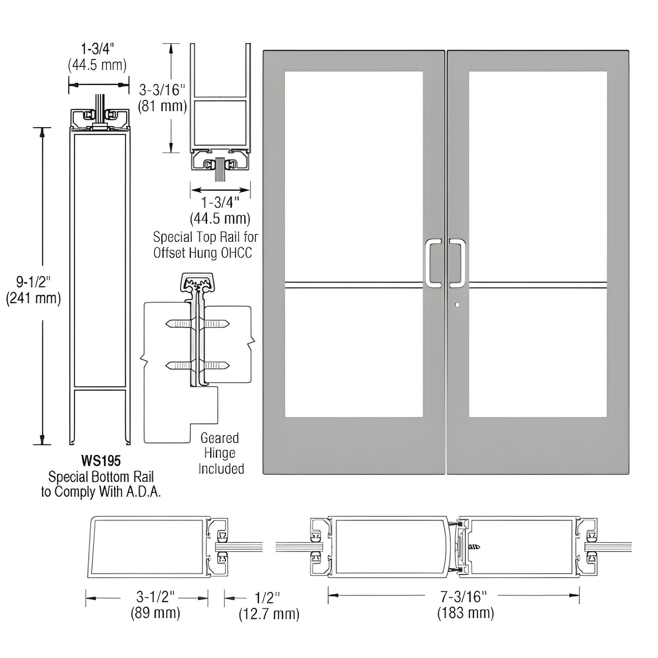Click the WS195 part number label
point(101,461)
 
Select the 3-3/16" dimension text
point(162,90)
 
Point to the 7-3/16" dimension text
point(465,596)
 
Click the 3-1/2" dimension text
point(155,597)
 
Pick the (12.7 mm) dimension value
point(269,614)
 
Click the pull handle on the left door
point(433,264)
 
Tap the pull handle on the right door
point(458,264)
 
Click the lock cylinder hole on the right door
point(457,305)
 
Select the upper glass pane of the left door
point(354,175)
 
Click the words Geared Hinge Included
point(221,453)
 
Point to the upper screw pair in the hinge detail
point(198,324)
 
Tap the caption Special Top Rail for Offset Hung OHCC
point(205,245)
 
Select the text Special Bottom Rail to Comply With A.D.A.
point(101,485)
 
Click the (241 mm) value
point(33,298)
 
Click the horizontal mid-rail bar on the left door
point(354,285)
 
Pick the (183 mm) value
point(465,613)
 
